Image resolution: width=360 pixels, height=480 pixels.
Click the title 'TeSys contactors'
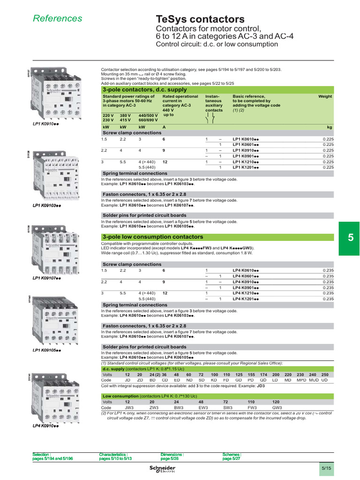pyautogui.click(x=200, y=19)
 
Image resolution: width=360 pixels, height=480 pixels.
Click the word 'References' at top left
pyautogui.click(x=57, y=19)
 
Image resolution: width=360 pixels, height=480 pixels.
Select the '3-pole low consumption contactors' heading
pyautogui.click(x=153, y=237)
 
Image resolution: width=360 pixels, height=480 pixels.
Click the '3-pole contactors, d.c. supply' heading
pyautogui.click(x=144, y=90)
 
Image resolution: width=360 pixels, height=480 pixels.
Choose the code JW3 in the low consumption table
pyautogui.click(x=129, y=408)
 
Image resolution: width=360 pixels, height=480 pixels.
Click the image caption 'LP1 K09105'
pyautogui.click(x=47, y=350)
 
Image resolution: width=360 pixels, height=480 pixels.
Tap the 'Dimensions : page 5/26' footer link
pyautogui.click(x=172, y=457)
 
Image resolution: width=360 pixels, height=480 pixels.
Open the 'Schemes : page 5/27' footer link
pyautogui.click(x=232, y=457)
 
